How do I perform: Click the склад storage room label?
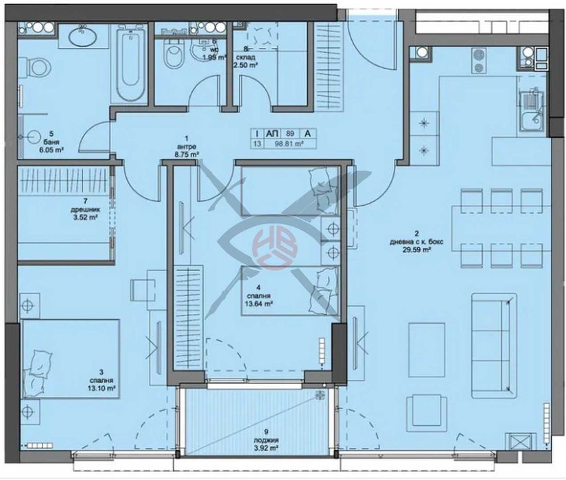(248, 57)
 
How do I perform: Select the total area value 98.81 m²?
(287, 144)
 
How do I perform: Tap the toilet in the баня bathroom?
(36, 67)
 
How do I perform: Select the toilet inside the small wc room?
(169, 53)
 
